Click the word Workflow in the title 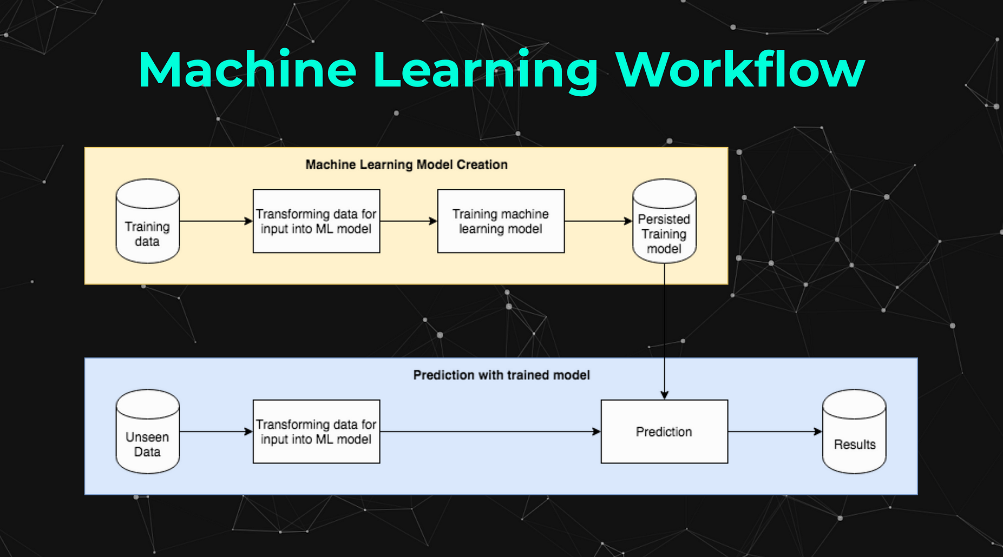pyautogui.click(x=740, y=69)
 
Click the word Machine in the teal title pyautogui.click(x=247, y=69)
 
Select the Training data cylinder pyautogui.click(x=147, y=222)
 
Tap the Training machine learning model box pyautogui.click(x=501, y=221)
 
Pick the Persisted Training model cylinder pyautogui.click(x=664, y=222)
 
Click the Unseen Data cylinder pyautogui.click(x=147, y=432)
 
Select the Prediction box pyautogui.click(x=664, y=432)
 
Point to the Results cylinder pyautogui.click(x=854, y=432)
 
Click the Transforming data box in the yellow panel pyautogui.click(x=316, y=221)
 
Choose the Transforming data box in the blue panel pyautogui.click(x=316, y=432)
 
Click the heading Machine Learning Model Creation pyautogui.click(x=407, y=164)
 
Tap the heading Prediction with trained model pyautogui.click(x=501, y=375)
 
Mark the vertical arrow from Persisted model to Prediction pyautogui.click(x=664, y=330)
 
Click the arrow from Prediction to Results pyautogui.click(x=774, y=432)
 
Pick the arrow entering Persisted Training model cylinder pyautogui.click(x=598, y=221)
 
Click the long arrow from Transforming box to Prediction pyautogui.click(x=490, y=432)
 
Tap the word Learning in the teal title pyautogui.click(x=485, y=69)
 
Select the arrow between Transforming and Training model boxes pyautogui.click(x=408, y=221)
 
